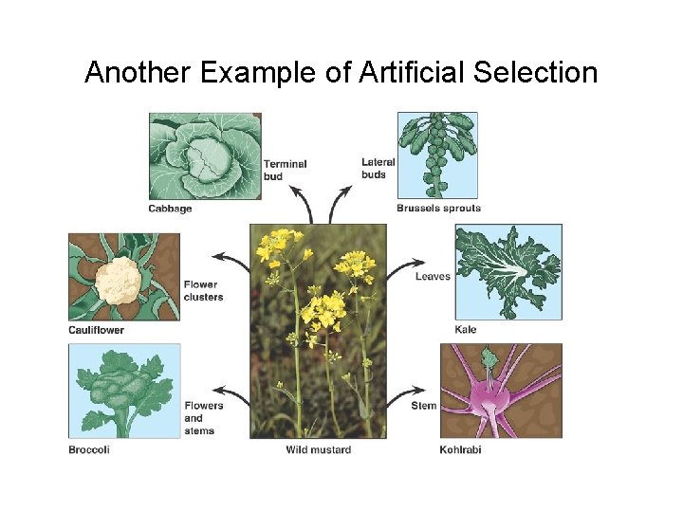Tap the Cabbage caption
click(x=170, y=209)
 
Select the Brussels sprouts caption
click(x=438, y=209)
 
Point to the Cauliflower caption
click(x=96, y=330)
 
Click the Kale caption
click(x=465, y=330)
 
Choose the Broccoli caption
click(x=89, y=449)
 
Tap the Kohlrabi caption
click(x=460, y=449)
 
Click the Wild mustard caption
click(x=318, y=449)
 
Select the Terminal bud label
click(x=285, y=170)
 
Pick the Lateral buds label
click(x=378, y=169)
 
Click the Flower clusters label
click(x=203, y=290)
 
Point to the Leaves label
click(x=433, y=277)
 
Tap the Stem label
click(x=424, y=406)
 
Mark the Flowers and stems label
click(x=203, y=418)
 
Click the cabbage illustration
click(x=205, y=155)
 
